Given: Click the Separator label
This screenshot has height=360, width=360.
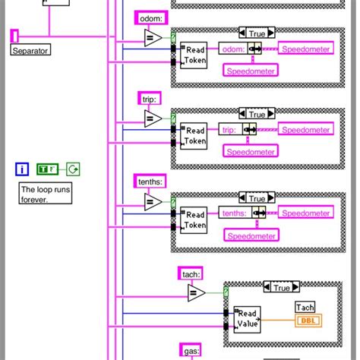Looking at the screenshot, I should point(30,50).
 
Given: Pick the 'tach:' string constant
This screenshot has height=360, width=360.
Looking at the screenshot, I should point(190,273).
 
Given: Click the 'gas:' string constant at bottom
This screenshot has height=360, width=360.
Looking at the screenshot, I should point(190,350).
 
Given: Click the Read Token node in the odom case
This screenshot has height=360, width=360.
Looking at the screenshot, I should point(195,55).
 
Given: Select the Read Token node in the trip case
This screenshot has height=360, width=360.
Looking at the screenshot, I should point(195,136).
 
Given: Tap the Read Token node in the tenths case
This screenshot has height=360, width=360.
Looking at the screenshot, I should point(195,220).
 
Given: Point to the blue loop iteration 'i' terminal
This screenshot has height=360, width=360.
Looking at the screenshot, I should point(23,169).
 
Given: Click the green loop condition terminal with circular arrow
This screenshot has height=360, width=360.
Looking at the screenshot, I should point(74,169).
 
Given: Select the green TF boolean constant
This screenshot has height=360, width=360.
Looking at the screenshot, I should point(48,169).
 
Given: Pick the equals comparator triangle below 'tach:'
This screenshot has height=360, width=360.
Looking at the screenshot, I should point(196,293).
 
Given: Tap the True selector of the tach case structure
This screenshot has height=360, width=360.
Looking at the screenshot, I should point(282,288).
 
